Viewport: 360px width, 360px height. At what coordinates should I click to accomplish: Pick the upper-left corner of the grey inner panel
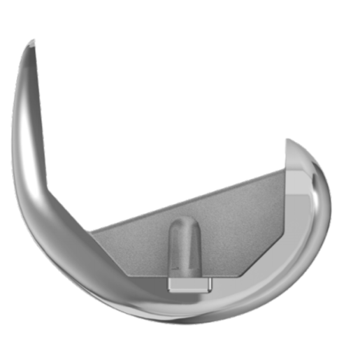pos(92,230)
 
